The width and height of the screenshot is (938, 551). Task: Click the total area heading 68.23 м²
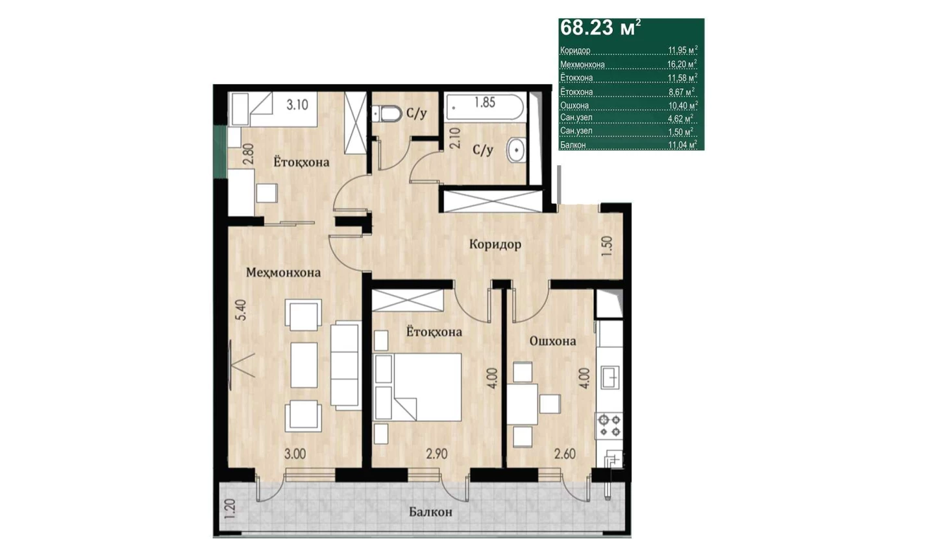click(x=600, y=28)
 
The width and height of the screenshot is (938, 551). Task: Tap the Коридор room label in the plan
click(x=495, y=244)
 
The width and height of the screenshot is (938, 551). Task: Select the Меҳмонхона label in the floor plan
click(x=283, y=272)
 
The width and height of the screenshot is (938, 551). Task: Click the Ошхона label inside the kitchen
click(x=552, y=341)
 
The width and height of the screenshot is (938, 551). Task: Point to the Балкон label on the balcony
click(x=430, y=511)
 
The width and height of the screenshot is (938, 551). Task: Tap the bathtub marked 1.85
click(x=484, y=107)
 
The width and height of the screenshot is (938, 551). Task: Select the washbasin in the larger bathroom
click(x=516, y=150)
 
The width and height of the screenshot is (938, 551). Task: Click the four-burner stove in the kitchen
click(x=610, y=426)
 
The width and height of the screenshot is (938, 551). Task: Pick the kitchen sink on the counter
click(x=610, y=377)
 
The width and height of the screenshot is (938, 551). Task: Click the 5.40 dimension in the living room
click(x=242, y=310)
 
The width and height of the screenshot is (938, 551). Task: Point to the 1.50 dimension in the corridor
click(x=607, y=246)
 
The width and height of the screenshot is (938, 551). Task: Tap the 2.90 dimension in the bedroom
click(x=436, y=454)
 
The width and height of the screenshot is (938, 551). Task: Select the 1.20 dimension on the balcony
click(x=230, y=510)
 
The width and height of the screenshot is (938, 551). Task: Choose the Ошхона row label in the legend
click(x=574, y=106)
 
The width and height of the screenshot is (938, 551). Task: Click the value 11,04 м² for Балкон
click(x=682, y=145)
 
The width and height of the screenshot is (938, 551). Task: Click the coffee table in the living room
click(x=304, y=365)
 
